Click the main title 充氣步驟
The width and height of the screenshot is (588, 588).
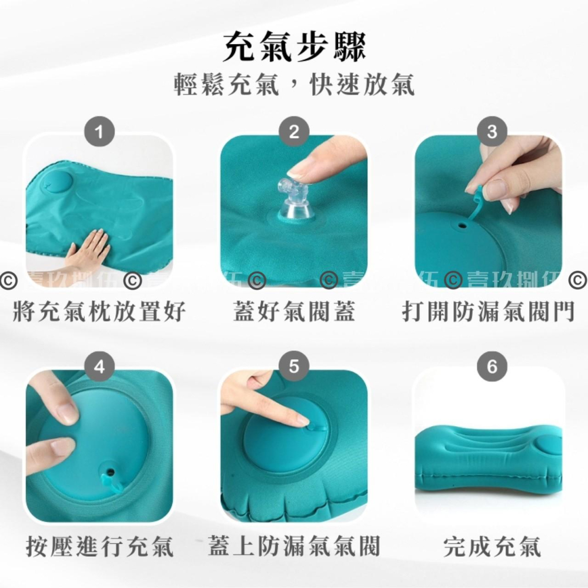tap(294, 47)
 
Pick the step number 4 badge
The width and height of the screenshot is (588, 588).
tap(99, 367)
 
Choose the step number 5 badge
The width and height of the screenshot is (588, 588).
tap(294, 367)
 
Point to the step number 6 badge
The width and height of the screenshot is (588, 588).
tap(492, 367)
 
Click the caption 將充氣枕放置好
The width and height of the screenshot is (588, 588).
tap(99, 312)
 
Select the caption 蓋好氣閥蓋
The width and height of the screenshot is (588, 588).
tap(294, 312)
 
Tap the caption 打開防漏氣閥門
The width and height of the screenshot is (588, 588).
tap(488, 312)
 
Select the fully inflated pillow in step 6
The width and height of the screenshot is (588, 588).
tap(488, 456)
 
